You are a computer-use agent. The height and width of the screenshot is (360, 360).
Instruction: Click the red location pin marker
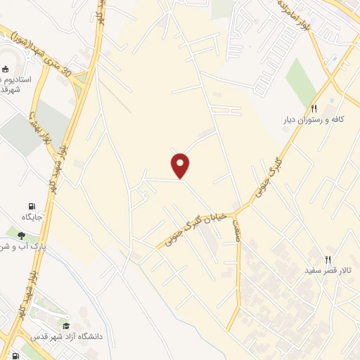181,165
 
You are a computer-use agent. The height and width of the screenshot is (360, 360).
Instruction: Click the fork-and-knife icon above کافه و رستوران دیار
314,108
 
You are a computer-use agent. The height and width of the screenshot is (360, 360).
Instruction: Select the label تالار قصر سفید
327,270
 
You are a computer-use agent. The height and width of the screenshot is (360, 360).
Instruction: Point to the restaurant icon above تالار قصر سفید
328,259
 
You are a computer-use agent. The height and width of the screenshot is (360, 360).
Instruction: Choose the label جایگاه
32,216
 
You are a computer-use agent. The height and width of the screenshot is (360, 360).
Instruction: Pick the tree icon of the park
22,236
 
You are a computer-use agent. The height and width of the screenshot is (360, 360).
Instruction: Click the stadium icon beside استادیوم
6,69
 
